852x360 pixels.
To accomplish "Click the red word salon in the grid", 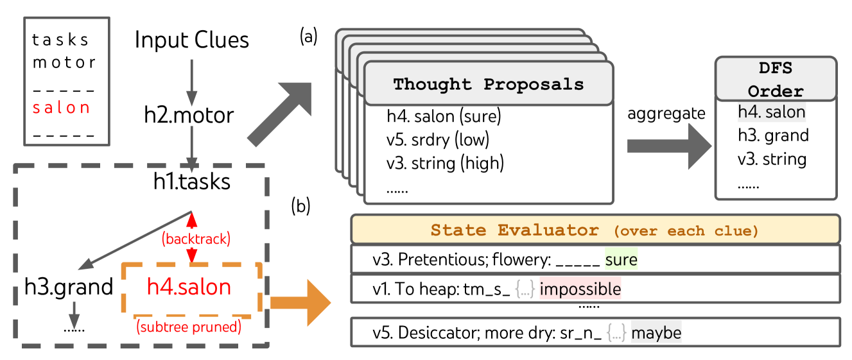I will (61, 108).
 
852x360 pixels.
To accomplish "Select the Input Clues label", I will (191, 40).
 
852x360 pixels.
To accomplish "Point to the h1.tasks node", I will (191, 182).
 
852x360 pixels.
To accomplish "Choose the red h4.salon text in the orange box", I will (189, 286).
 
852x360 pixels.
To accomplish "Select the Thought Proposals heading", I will (489, 84).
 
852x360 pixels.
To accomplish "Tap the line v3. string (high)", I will (445, 162).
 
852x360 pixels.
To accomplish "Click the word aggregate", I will (666, 114).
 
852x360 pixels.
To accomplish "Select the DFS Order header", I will (775, 79).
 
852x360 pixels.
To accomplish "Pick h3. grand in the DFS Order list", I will (773, 135).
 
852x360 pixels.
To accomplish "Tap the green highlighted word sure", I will (621, 259).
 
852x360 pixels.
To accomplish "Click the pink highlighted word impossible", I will (580, 289).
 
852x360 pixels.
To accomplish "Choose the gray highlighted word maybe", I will (656, 333).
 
